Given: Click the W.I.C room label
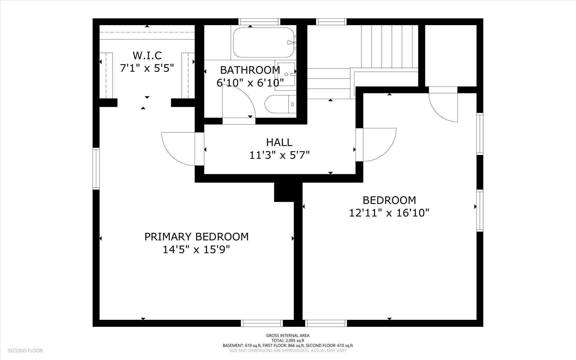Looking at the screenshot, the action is point(147,55).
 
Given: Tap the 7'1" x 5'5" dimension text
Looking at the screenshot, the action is point(147,68).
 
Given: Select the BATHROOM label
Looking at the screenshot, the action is point(250,70).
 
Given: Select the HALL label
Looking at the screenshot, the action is point(279,142).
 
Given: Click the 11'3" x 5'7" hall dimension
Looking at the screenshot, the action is point(279,155).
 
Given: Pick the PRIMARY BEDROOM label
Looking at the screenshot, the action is point(197,237).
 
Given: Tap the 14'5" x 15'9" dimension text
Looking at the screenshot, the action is point(197,249).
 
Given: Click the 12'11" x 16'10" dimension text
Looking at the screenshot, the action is point(389,213).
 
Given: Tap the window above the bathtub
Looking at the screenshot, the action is point(260,22).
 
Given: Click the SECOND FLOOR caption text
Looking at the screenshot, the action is point(25,351).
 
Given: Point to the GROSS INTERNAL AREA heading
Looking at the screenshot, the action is point(288,336).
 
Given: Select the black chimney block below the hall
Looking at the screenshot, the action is point(284,192).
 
